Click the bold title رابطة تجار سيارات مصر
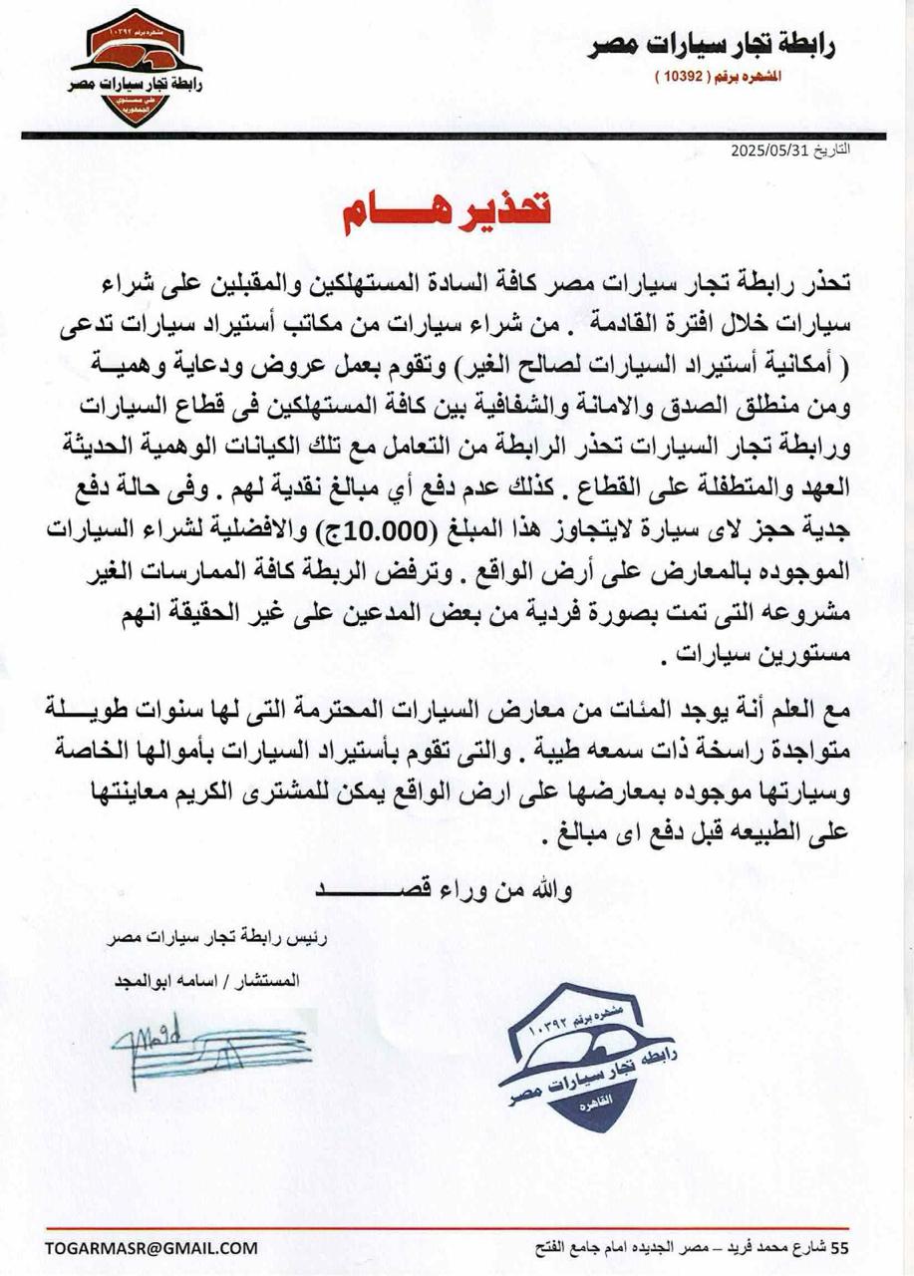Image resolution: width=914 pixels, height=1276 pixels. [x=711, y=46]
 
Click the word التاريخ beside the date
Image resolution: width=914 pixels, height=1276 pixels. [x=835, y=153]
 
